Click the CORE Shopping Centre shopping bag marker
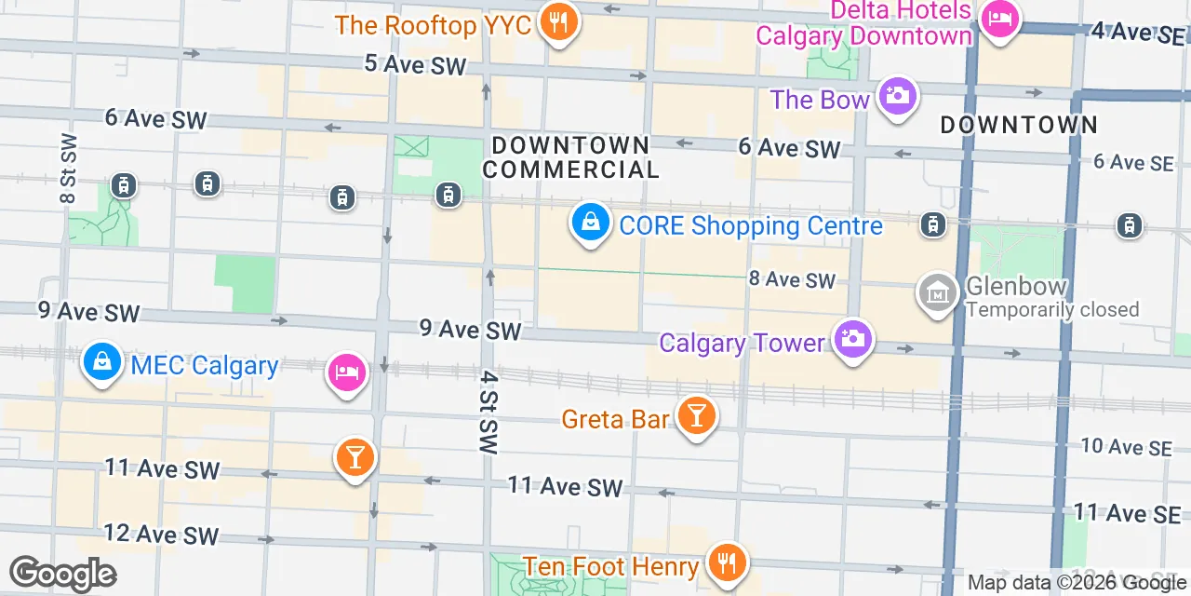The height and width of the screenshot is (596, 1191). pos(590,223)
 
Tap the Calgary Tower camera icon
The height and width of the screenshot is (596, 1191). pos(851,339)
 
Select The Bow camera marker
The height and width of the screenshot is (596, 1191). pos(897,96)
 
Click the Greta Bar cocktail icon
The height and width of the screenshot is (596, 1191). pos(695,414)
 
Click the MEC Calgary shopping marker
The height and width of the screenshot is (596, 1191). pos(100,361)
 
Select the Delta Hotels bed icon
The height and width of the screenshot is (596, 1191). pos(1000,18)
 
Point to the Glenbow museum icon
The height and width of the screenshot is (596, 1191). pos(938,292)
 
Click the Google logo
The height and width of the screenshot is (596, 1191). pos(62,574)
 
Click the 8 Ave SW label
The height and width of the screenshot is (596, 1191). pos(793,279)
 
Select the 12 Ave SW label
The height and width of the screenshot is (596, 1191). pos(161,535)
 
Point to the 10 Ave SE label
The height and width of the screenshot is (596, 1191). pos(1126,447)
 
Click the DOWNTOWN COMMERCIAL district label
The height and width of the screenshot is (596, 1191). pos(570,157)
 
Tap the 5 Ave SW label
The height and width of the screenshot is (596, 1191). pos(414,64)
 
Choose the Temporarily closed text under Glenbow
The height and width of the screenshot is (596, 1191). pos(1052,309)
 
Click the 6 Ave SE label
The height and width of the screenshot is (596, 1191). pos(1133,162)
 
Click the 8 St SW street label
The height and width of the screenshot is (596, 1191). pos(69,169)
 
